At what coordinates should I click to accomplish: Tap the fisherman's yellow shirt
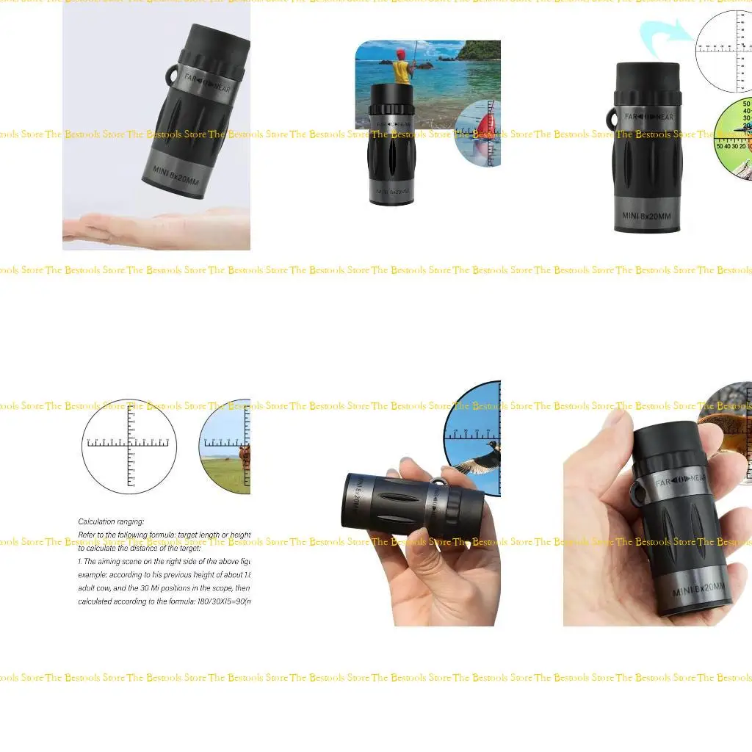pos(401,72)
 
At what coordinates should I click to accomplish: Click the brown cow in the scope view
pos(244,456)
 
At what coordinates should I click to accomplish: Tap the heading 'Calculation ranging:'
pos(111,521)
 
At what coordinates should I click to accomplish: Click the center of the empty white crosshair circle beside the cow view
pos(129,446)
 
